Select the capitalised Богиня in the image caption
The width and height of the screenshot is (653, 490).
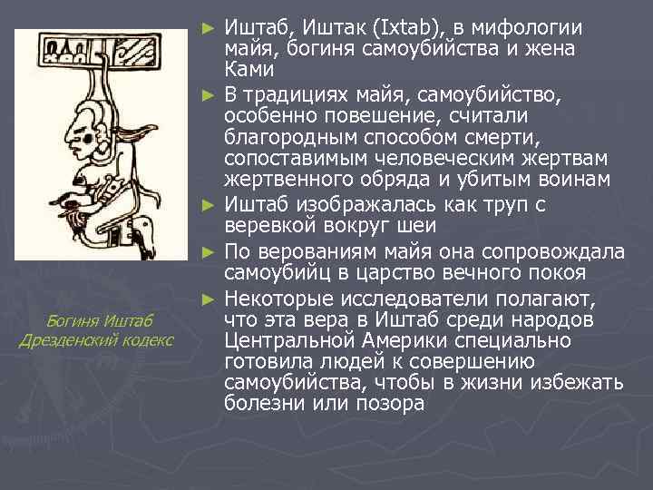[74, 319]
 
